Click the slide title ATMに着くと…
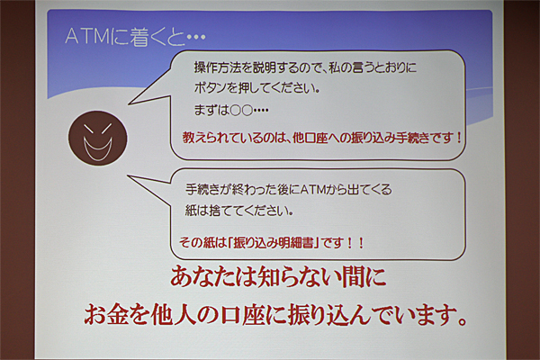(x=135, y=36)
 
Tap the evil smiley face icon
(x=98, y=138)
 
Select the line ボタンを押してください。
(x=256, y=88)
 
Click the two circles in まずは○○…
(x=241, y=111)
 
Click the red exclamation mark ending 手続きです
(x=458, y=138)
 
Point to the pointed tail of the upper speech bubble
(x=129, y=103)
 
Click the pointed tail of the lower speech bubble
(x=128, y=175)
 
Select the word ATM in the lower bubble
(x=312, y=190)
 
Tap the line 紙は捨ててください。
(x=239, y=210)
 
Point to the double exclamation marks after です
(x=355, y=243)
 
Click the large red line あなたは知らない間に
(x=278, y=277)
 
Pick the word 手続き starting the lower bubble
(x=202, y=190)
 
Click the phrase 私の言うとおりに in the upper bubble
(x=373, y=67)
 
